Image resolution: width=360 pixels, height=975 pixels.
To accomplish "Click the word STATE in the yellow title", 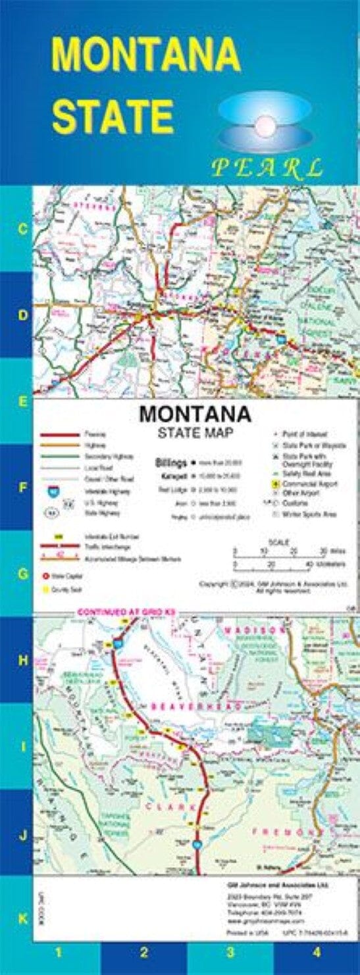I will click(113, 116).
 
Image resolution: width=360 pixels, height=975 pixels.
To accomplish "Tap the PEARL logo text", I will click(267, 168).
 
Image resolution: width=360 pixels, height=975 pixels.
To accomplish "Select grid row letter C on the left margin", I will click(22, 230).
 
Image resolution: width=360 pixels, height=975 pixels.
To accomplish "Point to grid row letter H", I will click(22, 661).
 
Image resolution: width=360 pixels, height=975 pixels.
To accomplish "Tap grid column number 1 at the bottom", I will click(58, 951).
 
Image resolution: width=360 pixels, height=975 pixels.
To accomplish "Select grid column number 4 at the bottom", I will click(317, 951).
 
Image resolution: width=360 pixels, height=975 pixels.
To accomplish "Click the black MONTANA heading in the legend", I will click(195, 415).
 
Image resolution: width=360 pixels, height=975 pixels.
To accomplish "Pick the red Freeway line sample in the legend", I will click(60, 435).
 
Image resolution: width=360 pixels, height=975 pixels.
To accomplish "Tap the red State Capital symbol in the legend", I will click(47, 576).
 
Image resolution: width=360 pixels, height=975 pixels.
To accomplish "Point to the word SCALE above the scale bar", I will click(278, 541).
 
